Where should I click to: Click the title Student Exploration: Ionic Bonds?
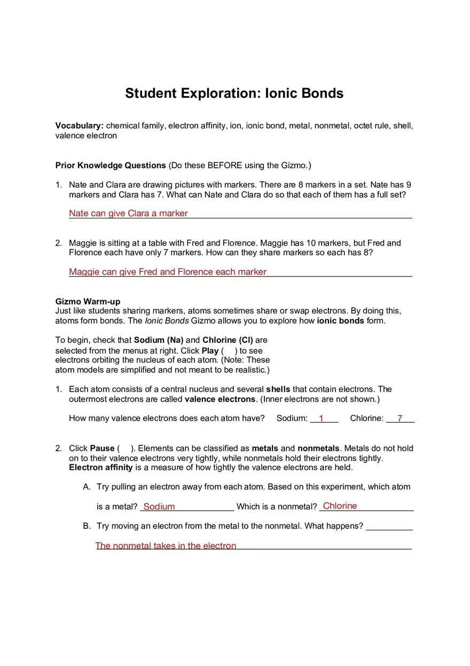(234, 93)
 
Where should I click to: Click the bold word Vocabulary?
(79, 126)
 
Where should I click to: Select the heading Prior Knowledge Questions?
(111, 166)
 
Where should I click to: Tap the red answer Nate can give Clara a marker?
(128, 214)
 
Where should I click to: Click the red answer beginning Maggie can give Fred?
(167, 272)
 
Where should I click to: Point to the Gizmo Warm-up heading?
(88, 302)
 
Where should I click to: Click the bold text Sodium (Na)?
(159, 340)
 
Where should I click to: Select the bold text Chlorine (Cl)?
(228, 340)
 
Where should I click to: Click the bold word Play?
(210, 351)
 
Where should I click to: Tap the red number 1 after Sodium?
(322, 419)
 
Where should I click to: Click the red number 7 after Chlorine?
(399, 419)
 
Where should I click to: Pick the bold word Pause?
(102, 449)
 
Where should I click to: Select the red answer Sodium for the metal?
(159, 507)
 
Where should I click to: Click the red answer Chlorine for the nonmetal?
(340, 506)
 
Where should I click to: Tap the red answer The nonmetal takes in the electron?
(166, 546)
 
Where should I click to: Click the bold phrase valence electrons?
(220, 399)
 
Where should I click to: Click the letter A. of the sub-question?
(87, 487)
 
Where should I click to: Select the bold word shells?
(278, 389)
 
